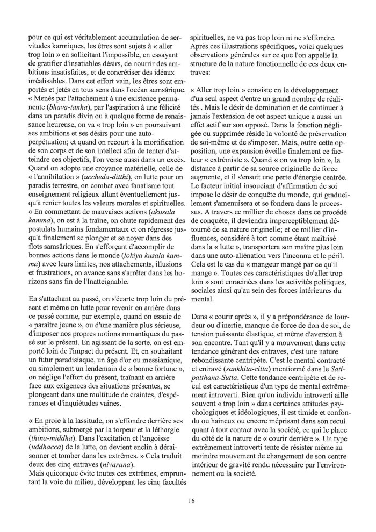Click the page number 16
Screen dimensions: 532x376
point(191,501)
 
